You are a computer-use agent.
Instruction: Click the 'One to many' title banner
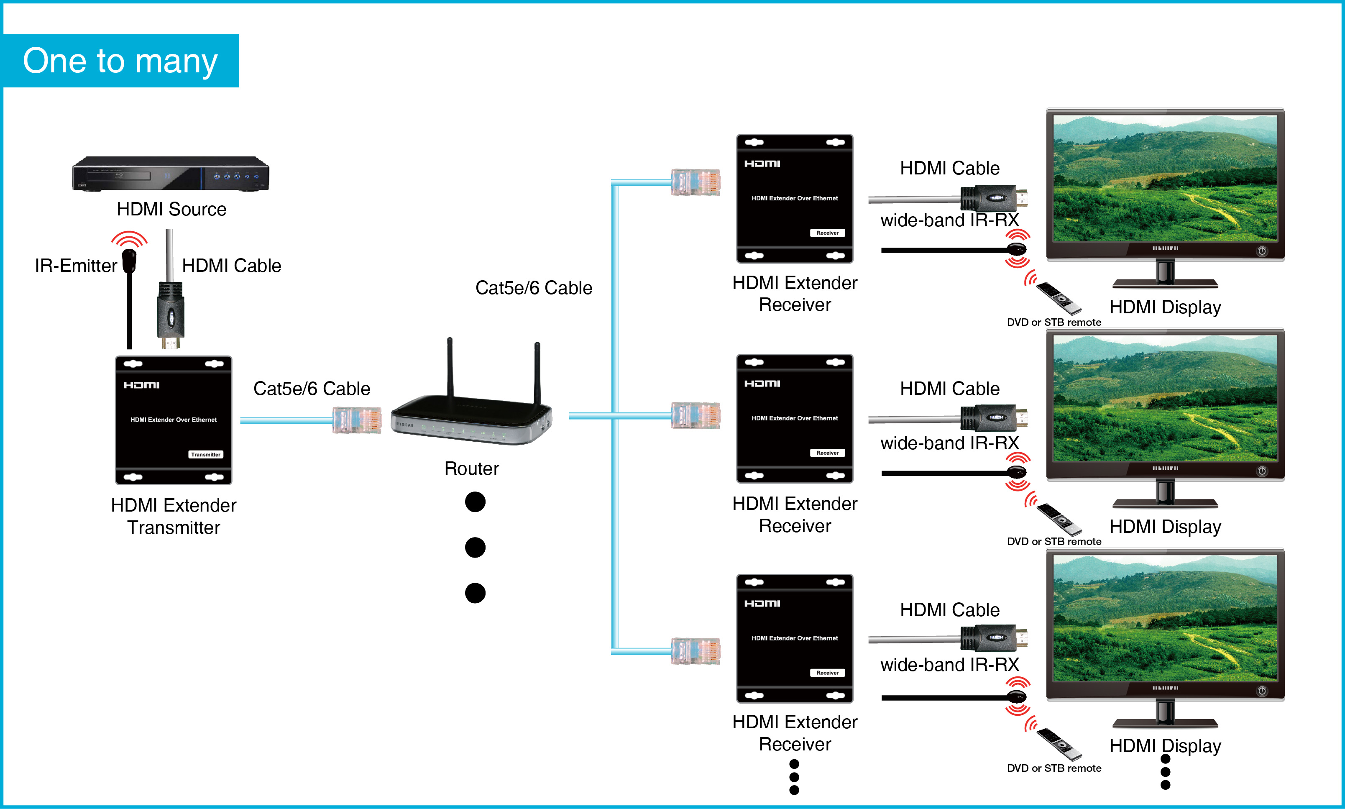coord(120,61)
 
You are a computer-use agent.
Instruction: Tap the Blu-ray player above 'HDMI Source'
coord(170,173)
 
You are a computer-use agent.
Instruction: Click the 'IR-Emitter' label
coord(76,266)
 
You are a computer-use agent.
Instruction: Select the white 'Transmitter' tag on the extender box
coord(205,455)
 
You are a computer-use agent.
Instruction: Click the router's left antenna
coord(450,368)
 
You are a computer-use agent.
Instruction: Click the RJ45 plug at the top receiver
coord(696,182)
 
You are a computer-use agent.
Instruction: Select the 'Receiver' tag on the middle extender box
coord(827,453)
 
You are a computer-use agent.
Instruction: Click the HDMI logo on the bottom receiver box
coord(762,604)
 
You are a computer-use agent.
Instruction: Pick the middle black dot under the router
coord(475,547)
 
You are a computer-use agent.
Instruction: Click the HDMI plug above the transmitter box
coord(171,316)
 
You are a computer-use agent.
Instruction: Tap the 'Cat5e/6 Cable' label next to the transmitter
coord(312,389)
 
